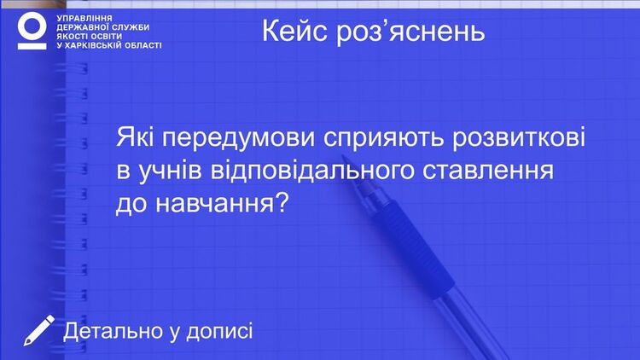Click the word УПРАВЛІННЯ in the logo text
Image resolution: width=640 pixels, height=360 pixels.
click(x=84, y=19)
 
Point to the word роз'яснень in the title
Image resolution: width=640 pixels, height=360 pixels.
click(x=410, y=32)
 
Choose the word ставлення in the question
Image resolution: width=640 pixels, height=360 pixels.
click(x=488, y=171)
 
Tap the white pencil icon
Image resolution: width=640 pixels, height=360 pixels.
click(x=38, y=330)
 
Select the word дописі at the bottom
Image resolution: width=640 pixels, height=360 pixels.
click(x=219, y=331)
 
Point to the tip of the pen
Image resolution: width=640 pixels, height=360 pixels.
click(x=343, y=156)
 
